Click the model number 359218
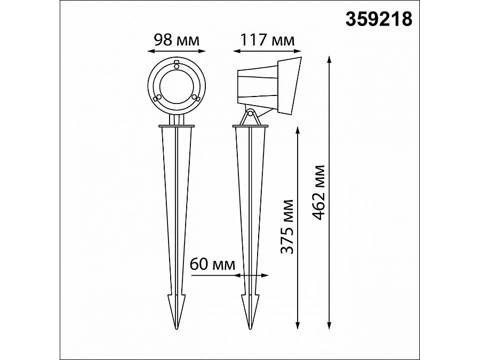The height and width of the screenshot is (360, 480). coord(379,19)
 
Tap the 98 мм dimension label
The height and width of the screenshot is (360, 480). coord(177,40)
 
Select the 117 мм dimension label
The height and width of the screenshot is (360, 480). coord(267,40)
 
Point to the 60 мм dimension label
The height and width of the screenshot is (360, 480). coord(212,264)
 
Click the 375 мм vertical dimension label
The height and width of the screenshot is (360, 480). coord(287,227)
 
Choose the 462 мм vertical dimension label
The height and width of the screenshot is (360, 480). coord(318,193)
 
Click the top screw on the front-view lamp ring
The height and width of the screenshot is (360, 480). coord(177,65)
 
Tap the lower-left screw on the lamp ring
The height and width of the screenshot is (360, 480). coord(157,98)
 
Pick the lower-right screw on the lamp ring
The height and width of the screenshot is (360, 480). coord(195,98)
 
